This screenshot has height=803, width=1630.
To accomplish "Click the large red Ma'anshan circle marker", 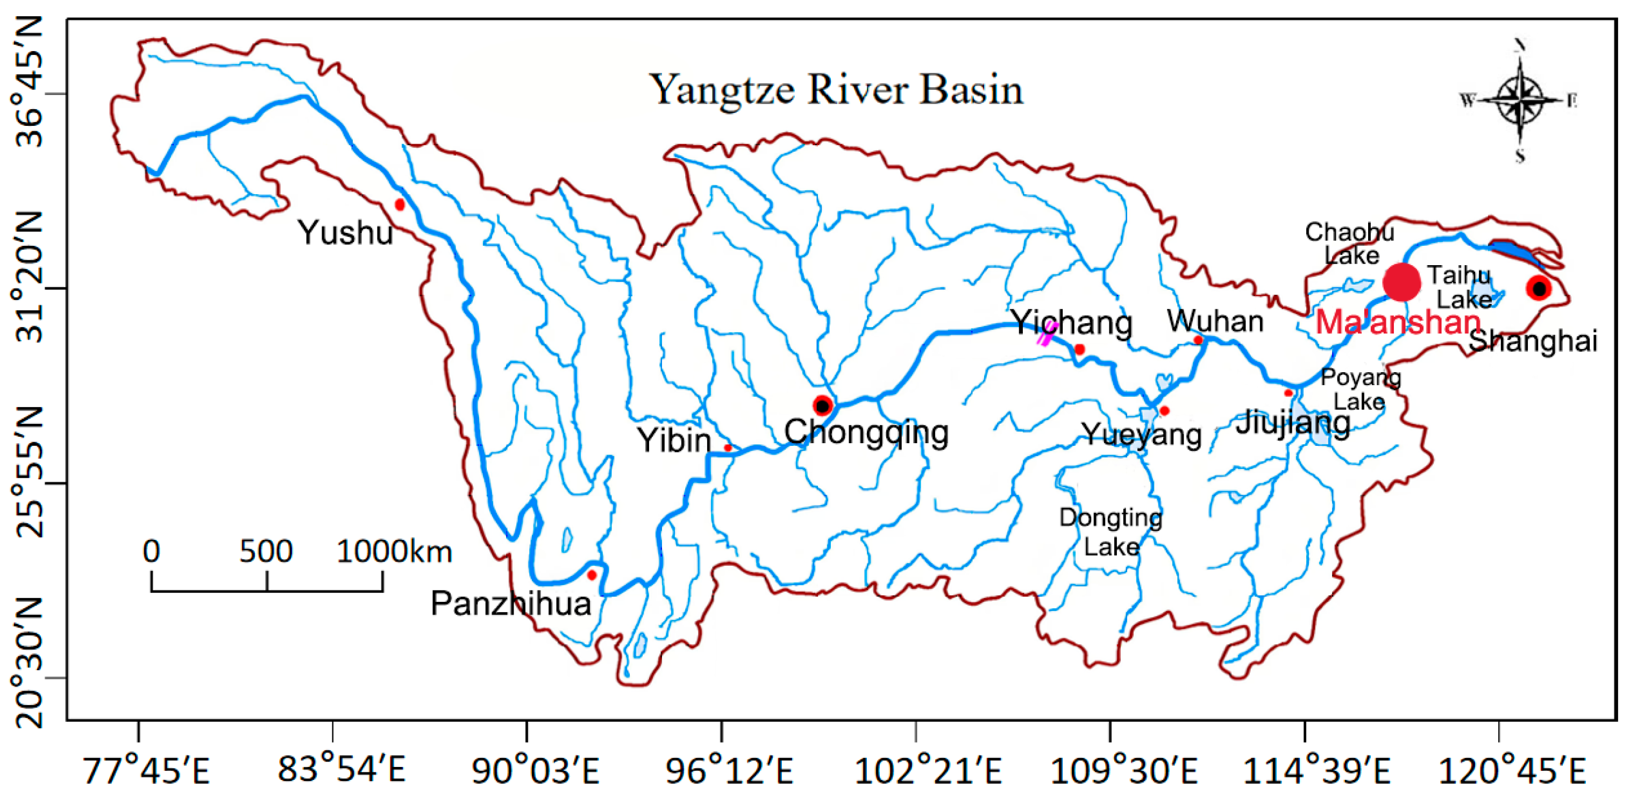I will [1401, 282].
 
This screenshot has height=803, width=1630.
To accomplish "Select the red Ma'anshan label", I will [1398, 323].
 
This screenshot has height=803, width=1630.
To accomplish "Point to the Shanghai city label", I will [1532, 341].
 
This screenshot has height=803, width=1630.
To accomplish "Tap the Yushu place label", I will [345, 233].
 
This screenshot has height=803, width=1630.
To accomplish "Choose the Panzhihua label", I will [511, 603].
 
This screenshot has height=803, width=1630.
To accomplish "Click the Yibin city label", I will [674, 440].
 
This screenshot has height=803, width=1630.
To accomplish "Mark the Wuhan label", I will [1215, 322].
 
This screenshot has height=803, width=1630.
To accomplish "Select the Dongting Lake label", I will [1111, 531].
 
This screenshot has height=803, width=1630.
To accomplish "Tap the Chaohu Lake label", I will [1350, 244].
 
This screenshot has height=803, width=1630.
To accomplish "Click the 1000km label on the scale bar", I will [394, 552].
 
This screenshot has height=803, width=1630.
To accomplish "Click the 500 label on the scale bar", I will [266, 552].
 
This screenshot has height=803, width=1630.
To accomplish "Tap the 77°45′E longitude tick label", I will [146, 771].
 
